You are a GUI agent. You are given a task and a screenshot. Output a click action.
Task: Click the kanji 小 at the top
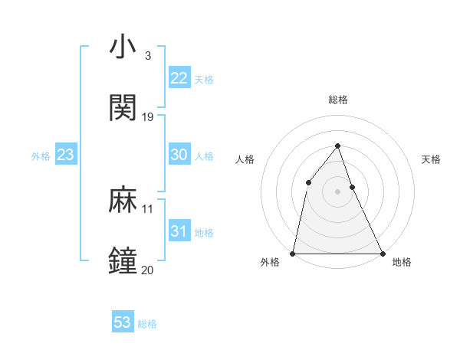point(123,47)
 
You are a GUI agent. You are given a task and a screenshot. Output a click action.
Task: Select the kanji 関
point(123,108)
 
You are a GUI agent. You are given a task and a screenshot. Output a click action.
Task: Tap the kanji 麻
point(123,201)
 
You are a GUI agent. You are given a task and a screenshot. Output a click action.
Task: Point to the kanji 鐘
point(123,261)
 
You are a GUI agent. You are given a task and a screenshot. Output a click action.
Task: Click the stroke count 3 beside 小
point(147,56)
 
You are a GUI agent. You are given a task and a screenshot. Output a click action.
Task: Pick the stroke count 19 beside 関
point(148,117)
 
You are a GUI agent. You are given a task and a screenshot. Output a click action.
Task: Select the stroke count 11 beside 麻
point(148,208)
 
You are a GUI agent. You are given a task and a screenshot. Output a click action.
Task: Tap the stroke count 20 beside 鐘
point(148,270)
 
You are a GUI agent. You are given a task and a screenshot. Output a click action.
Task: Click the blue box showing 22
point(179,78)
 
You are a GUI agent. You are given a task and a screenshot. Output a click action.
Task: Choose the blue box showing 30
point(179,155)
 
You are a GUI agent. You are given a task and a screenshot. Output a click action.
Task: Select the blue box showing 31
point(179,231)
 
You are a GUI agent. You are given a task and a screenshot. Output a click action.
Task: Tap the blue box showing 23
point(65,155)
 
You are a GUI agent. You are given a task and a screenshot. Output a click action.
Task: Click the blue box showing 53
point(123,322)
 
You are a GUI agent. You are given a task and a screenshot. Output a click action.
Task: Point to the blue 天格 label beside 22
point(204,80)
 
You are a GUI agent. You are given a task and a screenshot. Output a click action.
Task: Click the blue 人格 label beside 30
point(204,156)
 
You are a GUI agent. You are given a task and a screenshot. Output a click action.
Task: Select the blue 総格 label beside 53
point(147,324)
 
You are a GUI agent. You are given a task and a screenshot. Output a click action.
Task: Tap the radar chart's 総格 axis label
point(337,100)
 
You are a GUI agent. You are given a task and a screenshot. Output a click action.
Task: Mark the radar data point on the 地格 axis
point(382,253)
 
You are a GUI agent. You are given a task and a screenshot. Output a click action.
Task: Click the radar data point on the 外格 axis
point(293,253)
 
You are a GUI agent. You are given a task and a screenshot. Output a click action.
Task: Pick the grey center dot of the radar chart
point(337,191)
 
